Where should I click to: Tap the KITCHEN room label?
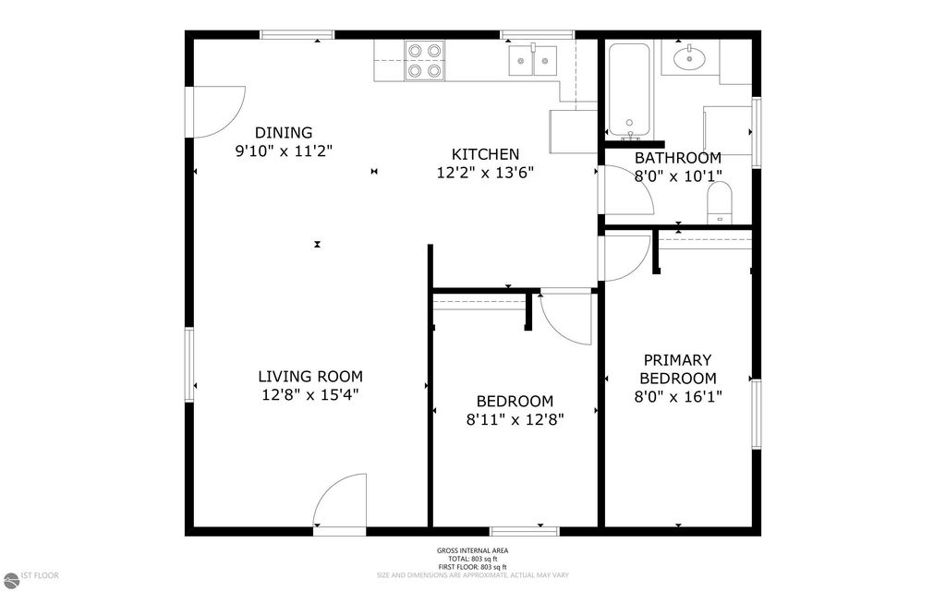coord(484,154)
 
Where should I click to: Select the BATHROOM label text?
coord(677,158)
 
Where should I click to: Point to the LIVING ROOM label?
coord(309,376)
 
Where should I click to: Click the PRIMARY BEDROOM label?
coord(678,368)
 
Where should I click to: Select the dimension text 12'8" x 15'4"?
coord(309,394)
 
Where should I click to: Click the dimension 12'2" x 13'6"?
coord(484,172)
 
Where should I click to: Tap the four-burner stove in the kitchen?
coord(423,60)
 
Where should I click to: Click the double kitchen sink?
coord(535,61)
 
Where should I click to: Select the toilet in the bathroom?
coord(719,202)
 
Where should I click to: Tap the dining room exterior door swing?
coord(218,110)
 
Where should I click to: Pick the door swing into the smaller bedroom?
coord(565,319)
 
